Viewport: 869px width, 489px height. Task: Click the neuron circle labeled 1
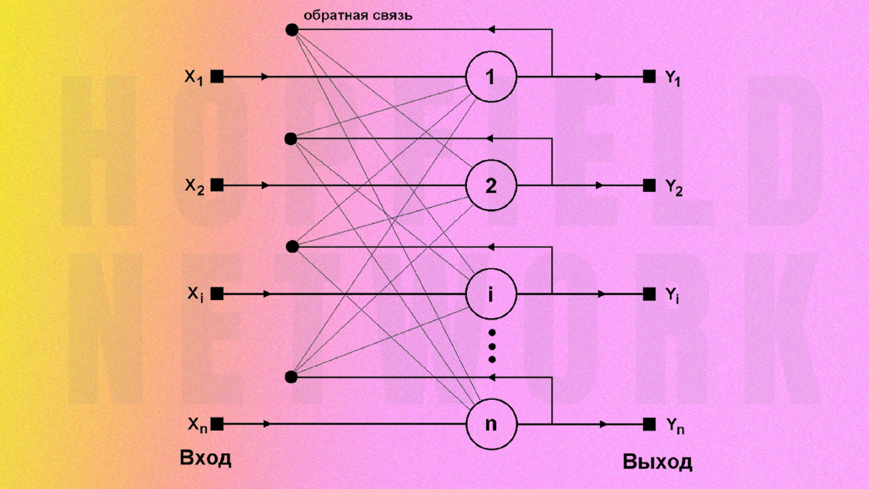491,76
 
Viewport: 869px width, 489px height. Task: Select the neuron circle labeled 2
491,185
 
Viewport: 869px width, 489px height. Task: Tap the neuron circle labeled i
491,294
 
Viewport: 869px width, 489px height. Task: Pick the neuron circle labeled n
491,423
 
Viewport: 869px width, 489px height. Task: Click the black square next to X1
217,76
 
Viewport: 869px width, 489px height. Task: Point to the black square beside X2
217,185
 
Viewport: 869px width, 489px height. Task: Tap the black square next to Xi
217,294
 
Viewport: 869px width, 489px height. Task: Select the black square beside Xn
217,423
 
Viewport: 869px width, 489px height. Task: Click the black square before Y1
650,76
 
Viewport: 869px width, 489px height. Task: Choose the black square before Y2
650,185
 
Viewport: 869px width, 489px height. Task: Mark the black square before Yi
650,294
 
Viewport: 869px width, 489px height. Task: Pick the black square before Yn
650,423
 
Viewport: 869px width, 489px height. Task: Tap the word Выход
657,461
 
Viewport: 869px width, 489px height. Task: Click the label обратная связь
358,15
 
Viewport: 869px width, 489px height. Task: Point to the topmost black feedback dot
292,30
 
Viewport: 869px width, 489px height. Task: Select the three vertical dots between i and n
492,346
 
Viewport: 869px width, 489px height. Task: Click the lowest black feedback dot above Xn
292,377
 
